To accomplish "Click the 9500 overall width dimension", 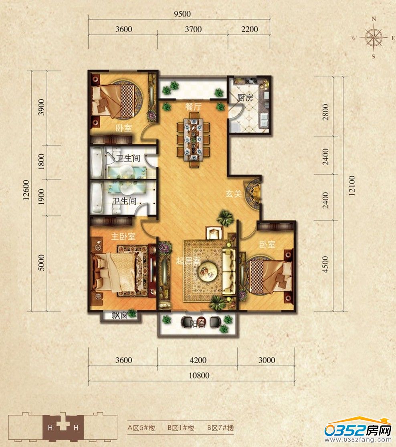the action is point(182,14).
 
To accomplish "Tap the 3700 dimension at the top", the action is point(193,29).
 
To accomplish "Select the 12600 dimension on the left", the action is point(26,190).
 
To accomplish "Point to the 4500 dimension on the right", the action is point(325,265).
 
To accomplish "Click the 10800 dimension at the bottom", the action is point(199,375).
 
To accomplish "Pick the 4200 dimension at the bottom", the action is point(198,360).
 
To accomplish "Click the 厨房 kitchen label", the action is point(245,98).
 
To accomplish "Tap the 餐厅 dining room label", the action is point(193,107).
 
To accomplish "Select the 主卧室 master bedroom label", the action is point(123,236).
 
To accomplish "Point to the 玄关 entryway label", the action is point(234,194).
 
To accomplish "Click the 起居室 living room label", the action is point(188,261).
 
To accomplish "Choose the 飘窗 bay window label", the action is point(119,316).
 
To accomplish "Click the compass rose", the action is point(374,38).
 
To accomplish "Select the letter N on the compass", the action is point(374,19).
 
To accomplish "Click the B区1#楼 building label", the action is point(181,428).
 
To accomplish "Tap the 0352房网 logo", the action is point(359,431).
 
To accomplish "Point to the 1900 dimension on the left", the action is point(41,197).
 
